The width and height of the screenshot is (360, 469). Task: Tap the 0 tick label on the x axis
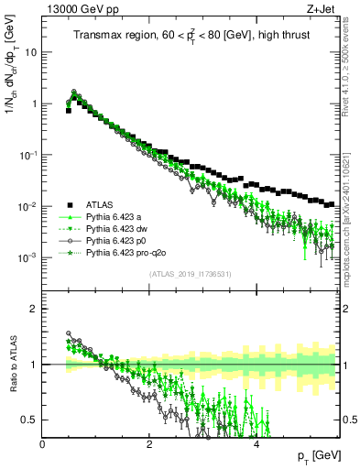[x=43, y=444]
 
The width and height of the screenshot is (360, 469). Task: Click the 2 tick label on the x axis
[x=149, y=444]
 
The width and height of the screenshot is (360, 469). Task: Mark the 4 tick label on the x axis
[x=256, y=444]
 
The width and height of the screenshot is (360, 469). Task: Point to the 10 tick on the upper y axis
[x=30, y=52]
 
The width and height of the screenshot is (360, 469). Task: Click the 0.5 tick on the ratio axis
[x=28, y=420]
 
